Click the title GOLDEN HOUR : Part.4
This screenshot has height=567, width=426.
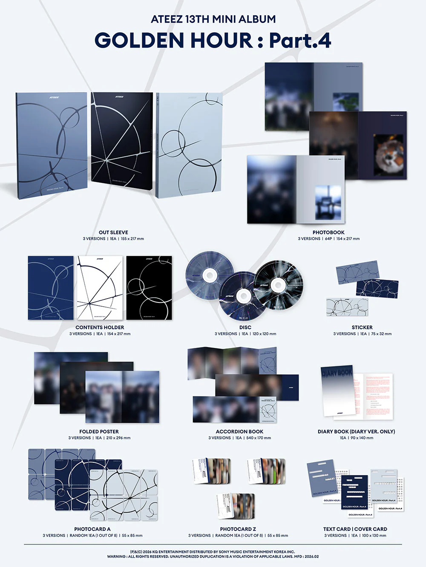click(213, 40)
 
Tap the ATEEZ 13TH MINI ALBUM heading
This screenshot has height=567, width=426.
click(213, 19)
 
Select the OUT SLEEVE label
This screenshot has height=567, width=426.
click(113, 232)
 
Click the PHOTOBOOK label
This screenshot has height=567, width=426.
click(328, 232)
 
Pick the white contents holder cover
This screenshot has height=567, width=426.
click(100, 288)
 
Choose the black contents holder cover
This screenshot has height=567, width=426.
click(149, 288)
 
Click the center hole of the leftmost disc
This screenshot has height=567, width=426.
click(209, 276)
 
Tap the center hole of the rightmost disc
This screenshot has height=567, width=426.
click(278, 285)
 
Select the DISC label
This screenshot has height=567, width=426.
click(245, 327)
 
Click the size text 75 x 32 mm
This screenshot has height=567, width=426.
click(381, 334)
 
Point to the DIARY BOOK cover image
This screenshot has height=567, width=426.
click(337, 390)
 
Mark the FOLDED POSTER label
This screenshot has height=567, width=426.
click(99, 431)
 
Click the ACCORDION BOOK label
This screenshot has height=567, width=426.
click(239, 431)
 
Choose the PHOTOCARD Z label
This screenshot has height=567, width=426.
click(238, 529)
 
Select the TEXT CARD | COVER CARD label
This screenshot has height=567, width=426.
click(355, 529)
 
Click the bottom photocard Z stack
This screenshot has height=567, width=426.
click(236, 506)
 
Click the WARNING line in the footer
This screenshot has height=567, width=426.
click(213, 556)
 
